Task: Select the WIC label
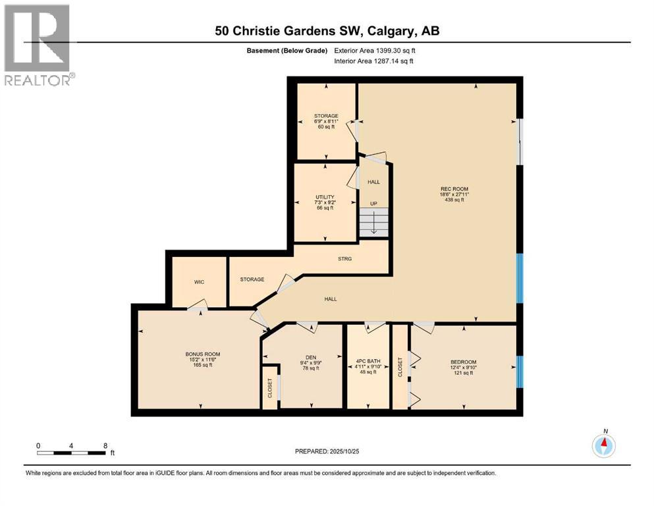point(199,282)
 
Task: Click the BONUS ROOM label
point(199,354)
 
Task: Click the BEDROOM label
point(463,362)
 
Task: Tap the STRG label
point(344,259)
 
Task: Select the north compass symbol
point(604,445)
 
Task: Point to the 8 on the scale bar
point(105,445)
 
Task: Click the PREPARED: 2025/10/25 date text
point(327,451)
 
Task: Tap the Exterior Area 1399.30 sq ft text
point(375,51)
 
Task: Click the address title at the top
point(327,30)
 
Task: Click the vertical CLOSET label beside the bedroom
point(400,367)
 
